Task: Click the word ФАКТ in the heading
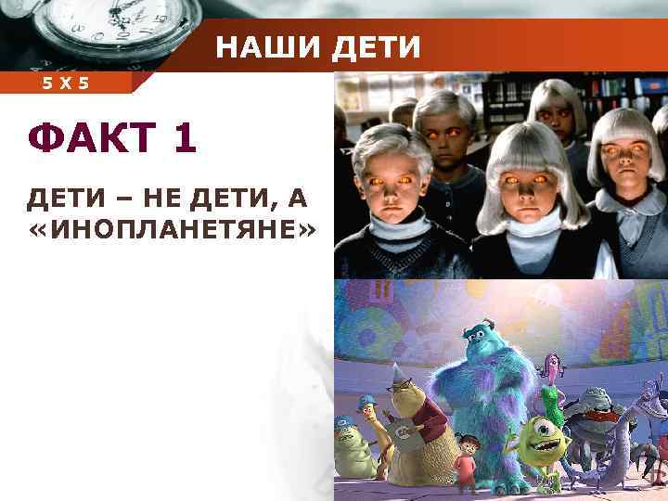[86, 139]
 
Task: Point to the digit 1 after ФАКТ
[183, 139]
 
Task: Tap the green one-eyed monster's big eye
[537, 436]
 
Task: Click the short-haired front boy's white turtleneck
[381, 228]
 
